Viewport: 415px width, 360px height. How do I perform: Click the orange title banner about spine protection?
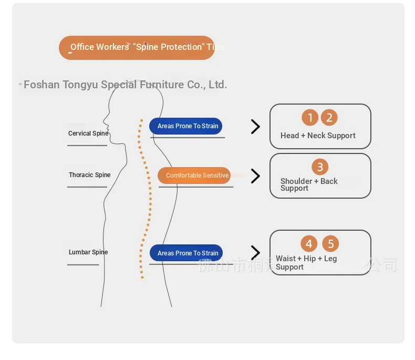tap(137, 47)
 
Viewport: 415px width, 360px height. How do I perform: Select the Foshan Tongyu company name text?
tap(125, 85)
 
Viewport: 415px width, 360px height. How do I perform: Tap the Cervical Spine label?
tap(88, 133)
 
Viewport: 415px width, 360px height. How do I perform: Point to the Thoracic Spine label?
tap(89, 175)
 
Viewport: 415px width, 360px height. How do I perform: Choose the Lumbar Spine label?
tap(88, 252)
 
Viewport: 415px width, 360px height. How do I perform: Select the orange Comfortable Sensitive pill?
tap(194, 176)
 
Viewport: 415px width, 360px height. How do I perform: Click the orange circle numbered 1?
tap(310, 118)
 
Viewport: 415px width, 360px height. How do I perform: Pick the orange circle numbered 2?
tap(329, 118)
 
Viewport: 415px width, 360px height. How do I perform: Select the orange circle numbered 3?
tap(320, 167)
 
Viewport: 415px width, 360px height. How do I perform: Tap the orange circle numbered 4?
tap(309, 244)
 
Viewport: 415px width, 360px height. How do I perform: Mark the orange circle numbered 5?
tap(330, 244)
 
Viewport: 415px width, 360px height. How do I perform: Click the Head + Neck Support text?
tap(318, 136)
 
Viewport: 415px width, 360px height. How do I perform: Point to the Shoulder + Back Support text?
tap(309, 184)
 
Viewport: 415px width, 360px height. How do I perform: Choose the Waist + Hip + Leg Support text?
tap(306, 262)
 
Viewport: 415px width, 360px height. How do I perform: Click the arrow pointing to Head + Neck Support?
tap(255, 127)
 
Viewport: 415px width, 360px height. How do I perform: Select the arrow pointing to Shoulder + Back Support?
tap(255, 176)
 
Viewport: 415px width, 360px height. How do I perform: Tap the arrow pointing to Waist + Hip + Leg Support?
tap(255, 253)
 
